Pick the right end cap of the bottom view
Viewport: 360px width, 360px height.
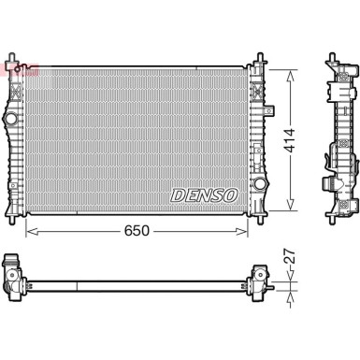tap(259, 277)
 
